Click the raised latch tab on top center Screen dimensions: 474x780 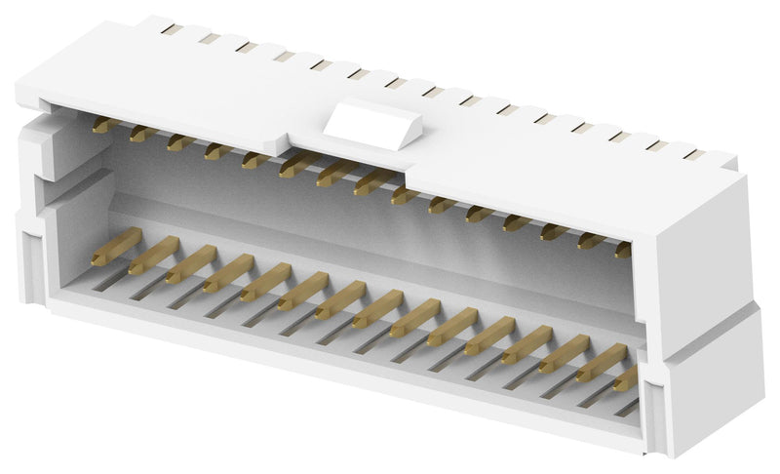point(374,124)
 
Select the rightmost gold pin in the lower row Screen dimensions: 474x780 point(625,377)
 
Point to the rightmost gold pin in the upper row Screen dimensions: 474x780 point(622,250)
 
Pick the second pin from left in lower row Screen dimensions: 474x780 point(154,256)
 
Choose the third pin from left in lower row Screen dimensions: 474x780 point(190,264)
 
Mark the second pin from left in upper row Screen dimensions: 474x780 point(142,133)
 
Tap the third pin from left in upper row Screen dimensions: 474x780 point(180,142)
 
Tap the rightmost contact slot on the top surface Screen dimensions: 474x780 point(693,154)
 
